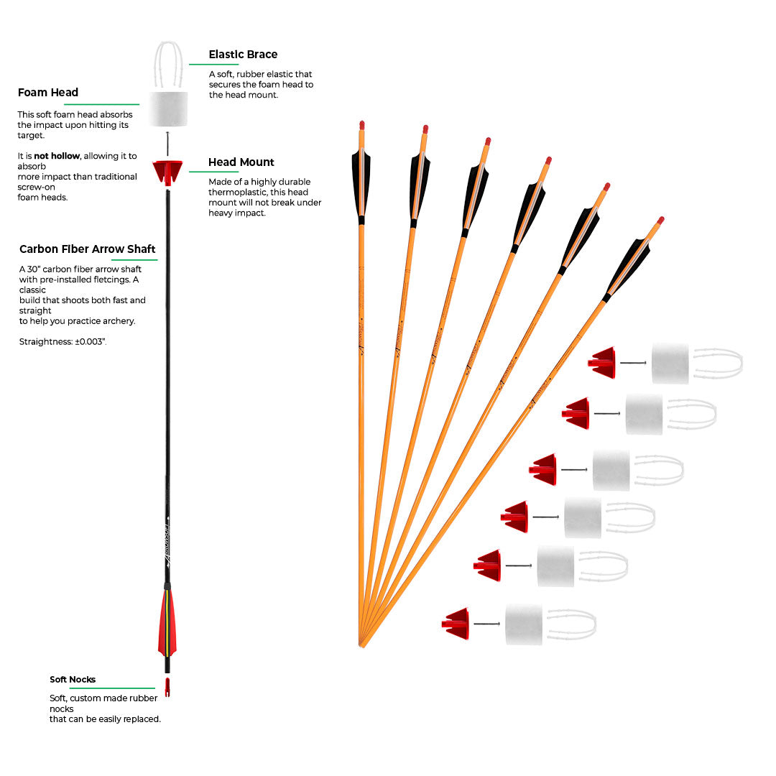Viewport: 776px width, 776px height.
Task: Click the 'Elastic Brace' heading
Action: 243,55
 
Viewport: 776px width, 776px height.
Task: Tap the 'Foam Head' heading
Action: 48,93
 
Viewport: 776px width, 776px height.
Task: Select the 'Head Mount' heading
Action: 241,162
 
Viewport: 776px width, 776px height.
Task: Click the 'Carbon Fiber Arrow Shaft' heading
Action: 88,249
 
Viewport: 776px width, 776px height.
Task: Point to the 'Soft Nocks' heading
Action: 73,680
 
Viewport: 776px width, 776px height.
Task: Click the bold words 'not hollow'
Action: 53,156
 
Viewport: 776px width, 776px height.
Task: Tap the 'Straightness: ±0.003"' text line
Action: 63,342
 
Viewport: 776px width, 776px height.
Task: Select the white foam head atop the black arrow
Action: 169,108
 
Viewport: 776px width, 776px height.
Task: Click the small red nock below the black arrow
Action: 167,687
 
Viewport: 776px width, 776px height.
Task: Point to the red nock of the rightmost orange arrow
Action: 660,220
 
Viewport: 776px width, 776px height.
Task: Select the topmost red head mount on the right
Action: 603,363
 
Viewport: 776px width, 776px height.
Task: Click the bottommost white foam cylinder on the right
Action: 524,624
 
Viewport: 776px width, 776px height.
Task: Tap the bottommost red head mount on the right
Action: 457,624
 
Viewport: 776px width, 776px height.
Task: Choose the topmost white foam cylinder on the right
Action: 670,364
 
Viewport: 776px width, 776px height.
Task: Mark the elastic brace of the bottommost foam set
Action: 572,624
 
